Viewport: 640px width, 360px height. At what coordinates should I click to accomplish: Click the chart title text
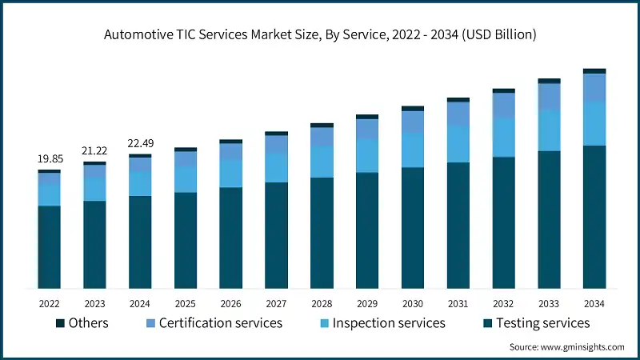(320, 34)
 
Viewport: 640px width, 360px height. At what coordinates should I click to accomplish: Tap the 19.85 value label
(50, 159)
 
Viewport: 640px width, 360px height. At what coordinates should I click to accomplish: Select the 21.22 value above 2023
(95, 151)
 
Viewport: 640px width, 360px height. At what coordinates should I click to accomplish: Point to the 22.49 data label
(141, 143)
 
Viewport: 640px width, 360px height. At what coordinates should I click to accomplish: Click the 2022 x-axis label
(50, 304)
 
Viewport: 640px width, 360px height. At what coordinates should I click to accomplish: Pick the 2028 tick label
(322, 304)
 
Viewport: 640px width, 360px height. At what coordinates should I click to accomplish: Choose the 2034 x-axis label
(594, 304)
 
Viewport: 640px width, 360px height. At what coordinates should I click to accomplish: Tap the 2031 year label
(458, 304)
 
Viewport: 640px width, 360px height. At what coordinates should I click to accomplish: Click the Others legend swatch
(60, 323)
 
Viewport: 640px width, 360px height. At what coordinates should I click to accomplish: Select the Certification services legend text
(221, 323)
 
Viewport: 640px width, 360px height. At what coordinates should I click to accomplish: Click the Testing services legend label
(543, 323)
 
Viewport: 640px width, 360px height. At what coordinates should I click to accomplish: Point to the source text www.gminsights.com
(566, 347)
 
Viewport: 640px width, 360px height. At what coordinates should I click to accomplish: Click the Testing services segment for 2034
(594, 216)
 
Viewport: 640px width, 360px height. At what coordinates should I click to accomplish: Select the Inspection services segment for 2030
(413, 150)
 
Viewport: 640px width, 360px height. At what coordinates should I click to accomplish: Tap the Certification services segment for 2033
(549, 97)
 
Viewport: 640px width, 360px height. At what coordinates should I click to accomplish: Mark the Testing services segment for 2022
(50, 246)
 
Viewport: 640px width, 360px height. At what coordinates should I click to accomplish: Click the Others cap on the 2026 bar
(231, 142)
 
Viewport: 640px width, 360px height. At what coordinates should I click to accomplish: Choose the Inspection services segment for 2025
(186, 179)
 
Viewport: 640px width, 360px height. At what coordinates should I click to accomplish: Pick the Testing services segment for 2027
(277, 235)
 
